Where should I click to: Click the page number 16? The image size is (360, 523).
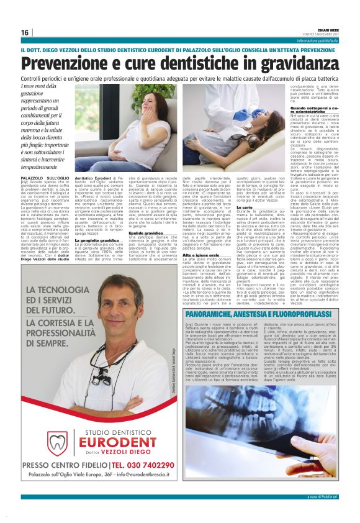(x=25, y=32)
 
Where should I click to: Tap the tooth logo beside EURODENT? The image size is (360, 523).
(x=58, y=425)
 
